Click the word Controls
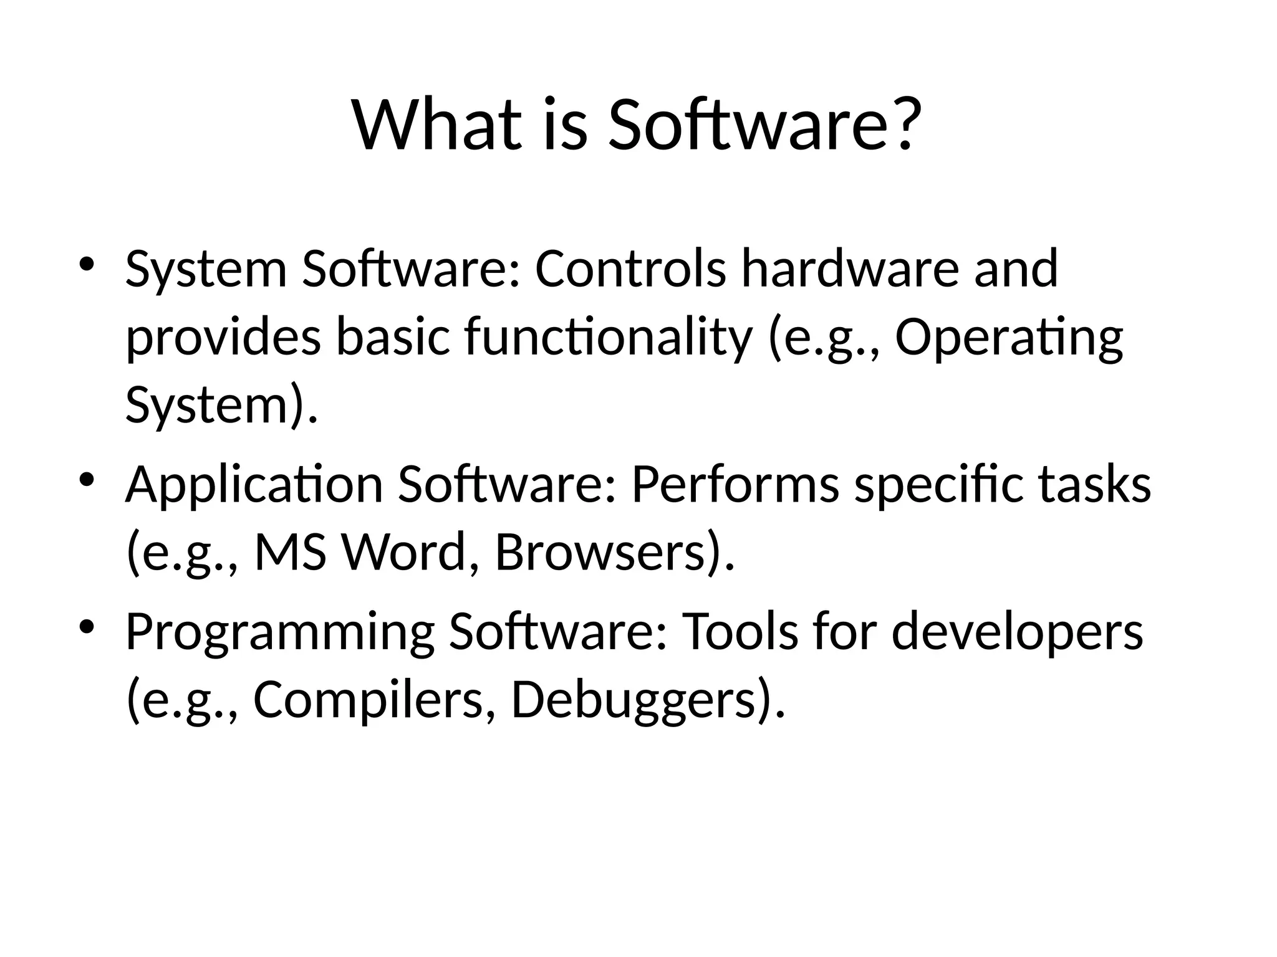click(630, 269)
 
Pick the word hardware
click(849, 269)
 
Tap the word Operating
click(1009, 338)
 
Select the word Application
click(254, 486)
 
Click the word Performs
click(735, 486)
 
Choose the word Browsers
click(608, 553)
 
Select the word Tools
click(740, 632)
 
